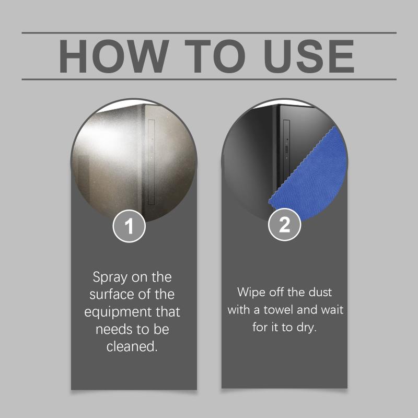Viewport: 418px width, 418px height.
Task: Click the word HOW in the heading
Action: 114,56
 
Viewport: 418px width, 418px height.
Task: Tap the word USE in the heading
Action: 309,56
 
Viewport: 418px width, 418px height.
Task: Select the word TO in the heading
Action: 215,56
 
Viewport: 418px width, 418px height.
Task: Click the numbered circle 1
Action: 129,226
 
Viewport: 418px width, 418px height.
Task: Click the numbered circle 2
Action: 284,225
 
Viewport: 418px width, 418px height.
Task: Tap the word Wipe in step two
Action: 251,292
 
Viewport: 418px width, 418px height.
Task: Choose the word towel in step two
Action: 278,310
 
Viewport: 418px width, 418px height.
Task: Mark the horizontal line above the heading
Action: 209,33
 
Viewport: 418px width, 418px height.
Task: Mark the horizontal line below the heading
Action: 209,79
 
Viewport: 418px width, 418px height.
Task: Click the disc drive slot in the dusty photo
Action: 151,162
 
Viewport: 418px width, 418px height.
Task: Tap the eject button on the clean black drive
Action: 286,148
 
